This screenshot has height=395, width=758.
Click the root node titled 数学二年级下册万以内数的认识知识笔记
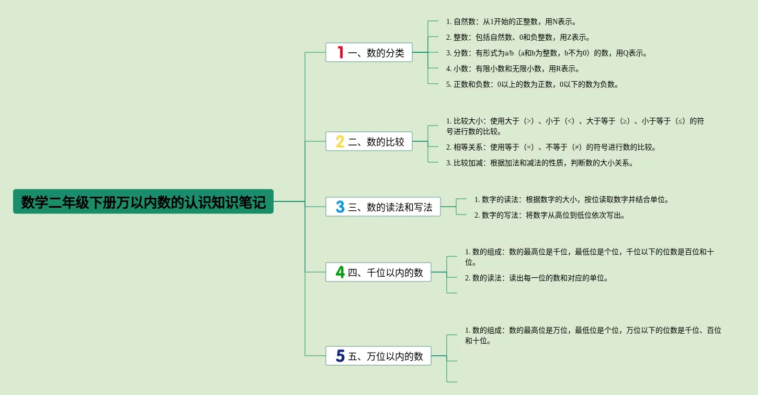[x=143, y=201]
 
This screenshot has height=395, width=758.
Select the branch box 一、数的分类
[x=369, y=52]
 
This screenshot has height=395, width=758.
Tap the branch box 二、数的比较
[x=369, y=141]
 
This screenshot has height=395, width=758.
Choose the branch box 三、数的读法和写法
[x=383, y=207]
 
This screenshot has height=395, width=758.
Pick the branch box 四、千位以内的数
[x=378, y=272]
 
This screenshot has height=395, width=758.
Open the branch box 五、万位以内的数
[x=378, y=356]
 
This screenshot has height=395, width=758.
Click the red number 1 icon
[x=340, y=52]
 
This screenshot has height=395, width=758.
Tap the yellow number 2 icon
[x=340, y=141]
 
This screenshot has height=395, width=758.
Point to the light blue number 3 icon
[x=340, y=207]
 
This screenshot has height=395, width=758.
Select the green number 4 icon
[x=340, y=272]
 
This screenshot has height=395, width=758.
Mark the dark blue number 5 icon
[x=340, y=356]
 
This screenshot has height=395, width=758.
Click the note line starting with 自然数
[x=511, y=22]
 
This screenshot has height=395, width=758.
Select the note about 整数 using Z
[x=518, y=38]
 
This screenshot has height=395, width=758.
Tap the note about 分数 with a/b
[x=547, y=53]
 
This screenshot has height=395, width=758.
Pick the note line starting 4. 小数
[x=513, y=69]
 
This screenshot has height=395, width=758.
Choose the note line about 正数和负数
[x=533, y=85]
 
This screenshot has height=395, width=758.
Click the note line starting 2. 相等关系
[x=551, y=148]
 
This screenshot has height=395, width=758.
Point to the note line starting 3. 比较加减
[x=540, y=163]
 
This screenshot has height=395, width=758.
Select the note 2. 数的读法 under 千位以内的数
[x=537, y=278]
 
